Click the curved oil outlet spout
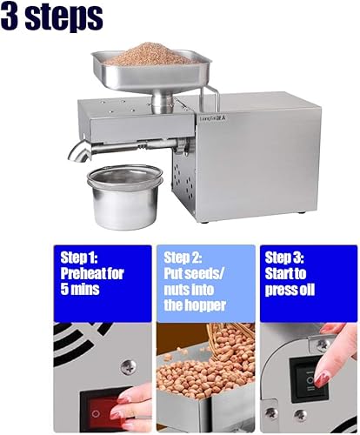(79, 151)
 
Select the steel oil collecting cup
(124, 197)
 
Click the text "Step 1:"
(79, 258)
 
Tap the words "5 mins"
(80, 289)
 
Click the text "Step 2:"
(183, 258)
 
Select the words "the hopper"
(195, 305)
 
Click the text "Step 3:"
(284, 258)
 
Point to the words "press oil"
(290, 290)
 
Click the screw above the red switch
(128, 366)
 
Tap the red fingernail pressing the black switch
(320, 380)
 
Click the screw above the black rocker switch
(323, 345)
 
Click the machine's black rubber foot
(302, 213)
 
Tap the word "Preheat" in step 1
(79, 273)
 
